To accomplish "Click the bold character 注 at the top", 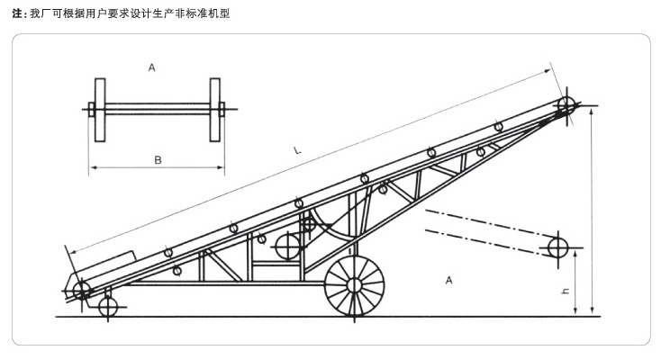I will [18, 13].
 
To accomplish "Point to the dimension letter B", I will [157, 160].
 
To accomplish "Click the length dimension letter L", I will [297, 152].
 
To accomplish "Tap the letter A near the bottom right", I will [448, 281].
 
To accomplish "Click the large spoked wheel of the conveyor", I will [354, 286].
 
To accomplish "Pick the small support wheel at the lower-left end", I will [108, 307].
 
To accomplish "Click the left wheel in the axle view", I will [99, 111].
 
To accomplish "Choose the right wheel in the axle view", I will [215, 111].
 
